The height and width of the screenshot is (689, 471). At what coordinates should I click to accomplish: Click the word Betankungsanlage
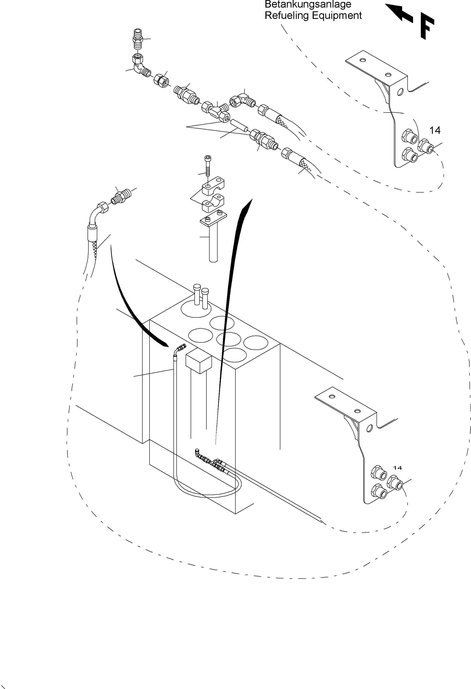pyautogui.click(x=308, y=4)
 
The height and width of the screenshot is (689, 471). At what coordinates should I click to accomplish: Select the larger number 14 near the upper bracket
pyautogui.click(x=435, y=130)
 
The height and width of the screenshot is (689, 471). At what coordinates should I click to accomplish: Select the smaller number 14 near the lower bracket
pyautogui.click(x=398, y=468)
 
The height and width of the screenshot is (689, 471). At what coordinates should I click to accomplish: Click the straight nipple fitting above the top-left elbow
pyautogui.click(x=138, y=39)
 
